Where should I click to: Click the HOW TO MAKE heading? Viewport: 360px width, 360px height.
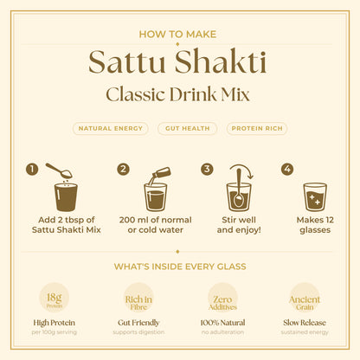coord(179,34)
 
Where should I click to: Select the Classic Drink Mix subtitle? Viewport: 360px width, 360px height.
coord(179,94)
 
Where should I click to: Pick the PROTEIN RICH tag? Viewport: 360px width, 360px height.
coord(257,128)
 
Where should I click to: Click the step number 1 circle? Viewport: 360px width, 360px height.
coord(31,169)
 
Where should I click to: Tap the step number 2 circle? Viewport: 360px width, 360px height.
coord(123,169)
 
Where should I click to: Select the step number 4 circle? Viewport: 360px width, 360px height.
coord(287,169)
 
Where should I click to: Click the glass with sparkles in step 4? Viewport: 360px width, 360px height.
coord(316,196)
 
